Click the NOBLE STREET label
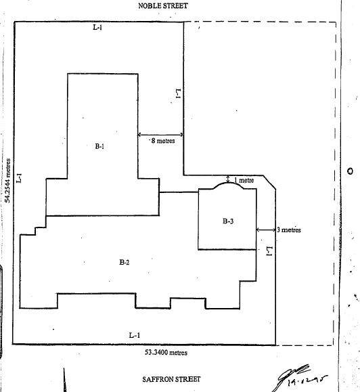[162, 5]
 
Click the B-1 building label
[99, 146]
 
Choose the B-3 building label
[227, 221]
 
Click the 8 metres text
[162, 141]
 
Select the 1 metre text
[244, 181]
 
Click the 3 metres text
[288, 230]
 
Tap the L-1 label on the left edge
[20, 177]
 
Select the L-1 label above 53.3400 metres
[134, 336]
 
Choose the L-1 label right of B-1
[178, 94]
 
